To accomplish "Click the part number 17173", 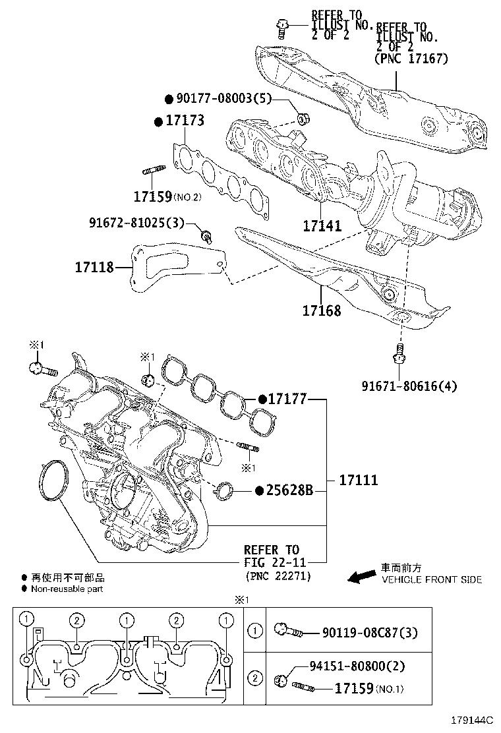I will pyautogui.click(x=184, y=121).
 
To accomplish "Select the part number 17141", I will pyautogui.click(x=322, y=226).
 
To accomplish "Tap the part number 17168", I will pyautogui.click(x=322, y=310).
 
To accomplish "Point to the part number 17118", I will pyautogui.click(x=94, y=267).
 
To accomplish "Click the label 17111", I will pyautogui.click(x=359, y=480).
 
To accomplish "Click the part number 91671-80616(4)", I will pyautogui.click(x=409, y=386).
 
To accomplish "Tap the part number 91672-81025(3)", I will pyautogui.click(x=137, y=223).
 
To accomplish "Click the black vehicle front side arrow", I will pyautogui.click(x=361, y=577).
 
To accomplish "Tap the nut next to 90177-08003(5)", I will pyautogui.click(x=305, y=119).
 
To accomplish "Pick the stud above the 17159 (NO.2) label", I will pyautogui.click(x=152, y=173).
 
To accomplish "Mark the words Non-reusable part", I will pyautogui.click(x=67, y=589).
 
